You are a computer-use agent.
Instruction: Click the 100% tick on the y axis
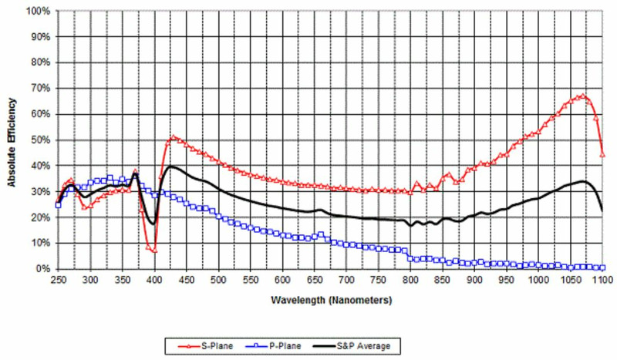[37, 12]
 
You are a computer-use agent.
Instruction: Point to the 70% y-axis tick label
[39, 89]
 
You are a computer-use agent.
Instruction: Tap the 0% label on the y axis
[42, 269]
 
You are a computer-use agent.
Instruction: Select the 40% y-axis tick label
[39, 166]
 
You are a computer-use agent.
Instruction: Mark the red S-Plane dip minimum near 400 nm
[154, 251]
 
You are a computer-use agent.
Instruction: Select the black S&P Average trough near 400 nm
[153, 224]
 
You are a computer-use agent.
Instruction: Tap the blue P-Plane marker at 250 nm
[59, 205]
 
